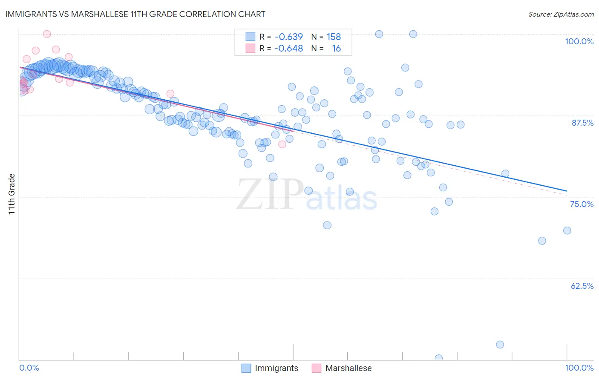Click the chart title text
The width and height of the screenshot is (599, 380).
pyautogui.click(x=135, y=14)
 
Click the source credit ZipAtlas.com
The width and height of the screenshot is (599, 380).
pyautogui.click(x=561, y=14)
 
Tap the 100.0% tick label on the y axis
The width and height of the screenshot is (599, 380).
pyautogui.click(x=579, y=41)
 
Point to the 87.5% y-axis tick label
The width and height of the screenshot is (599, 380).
pyautogui.click(x=582, y=123)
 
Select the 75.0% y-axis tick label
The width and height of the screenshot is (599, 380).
pyautogui.click(x=582, y=204)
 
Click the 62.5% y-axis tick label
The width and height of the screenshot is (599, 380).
pyautogui.click(x=582, y=286)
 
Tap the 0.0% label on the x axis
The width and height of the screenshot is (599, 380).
pyautogui.click(x=29, y=368)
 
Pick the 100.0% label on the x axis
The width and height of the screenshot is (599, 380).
pyautogui.click(x=579, y=368)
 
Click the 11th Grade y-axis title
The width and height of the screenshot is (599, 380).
pyautogui.click(x=12, y=194)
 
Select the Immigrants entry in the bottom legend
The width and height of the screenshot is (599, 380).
pyautogui.click(x=276, y=368)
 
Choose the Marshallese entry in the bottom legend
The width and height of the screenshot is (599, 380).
pyautogui.click(x=348, y=368)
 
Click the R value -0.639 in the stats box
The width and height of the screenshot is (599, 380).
pyautogui.click(x=288, y=37)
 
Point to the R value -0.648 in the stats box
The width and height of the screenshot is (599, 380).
pyautogui.click(x=288, y=49)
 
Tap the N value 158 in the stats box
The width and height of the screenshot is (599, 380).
pyautogui.click(x=334, y=37)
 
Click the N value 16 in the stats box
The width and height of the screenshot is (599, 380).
pyautogui.click(x=336, y=49)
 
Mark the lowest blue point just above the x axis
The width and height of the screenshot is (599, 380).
pyautogui.click(x=438, y=358)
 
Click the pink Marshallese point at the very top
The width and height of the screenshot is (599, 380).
pyautogui.click(x=47, y=34)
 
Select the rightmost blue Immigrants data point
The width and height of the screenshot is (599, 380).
pyautogui.click(x=567, y=230)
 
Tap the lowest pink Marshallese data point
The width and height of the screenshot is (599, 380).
pyautogui.click(x=282, y=144)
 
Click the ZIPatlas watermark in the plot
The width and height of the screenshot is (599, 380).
pyautogui.click(x=306, y=195)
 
